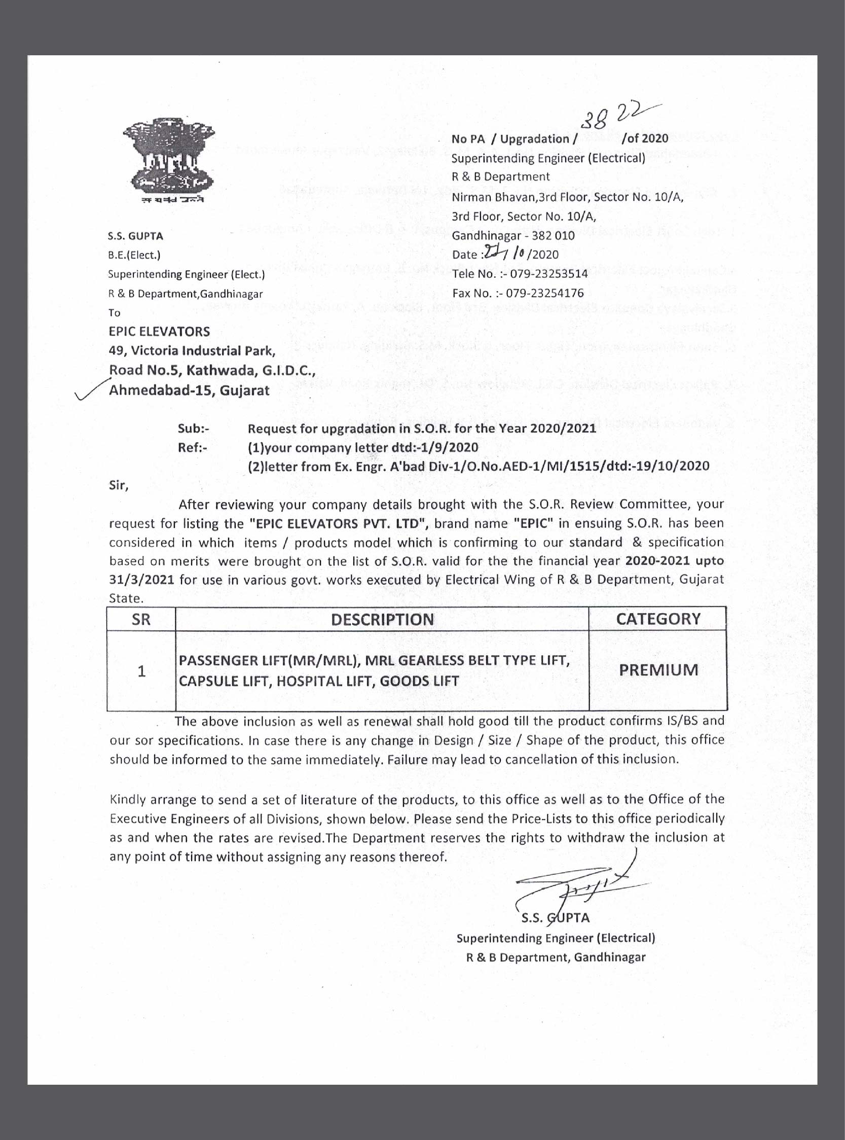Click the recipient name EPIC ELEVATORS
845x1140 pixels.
pyautogui.click(x=159, y=331)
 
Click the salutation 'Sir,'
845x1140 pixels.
pyautogui.click(x=119, y=485)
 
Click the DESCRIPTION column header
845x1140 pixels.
pyautogui.click(x=382, y=620)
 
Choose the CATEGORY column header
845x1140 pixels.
pyautogui.click(x=658, y=619)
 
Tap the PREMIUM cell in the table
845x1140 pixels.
pyautogui.click(x=658, y=670)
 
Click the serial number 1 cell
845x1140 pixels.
pyautogui.click(x=141, y=671)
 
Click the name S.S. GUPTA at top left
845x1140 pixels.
pyautogui.click(x=135, y=236)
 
